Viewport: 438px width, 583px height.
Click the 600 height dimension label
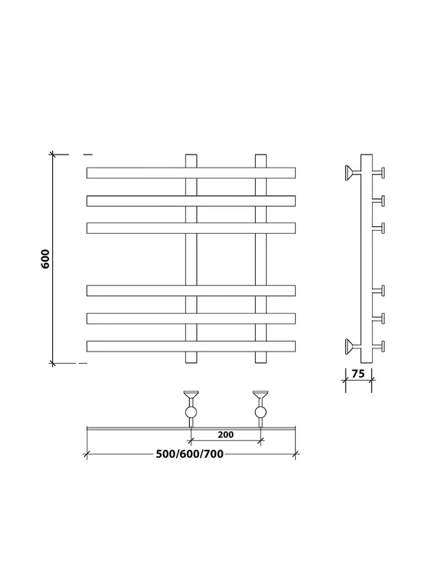(45, 258)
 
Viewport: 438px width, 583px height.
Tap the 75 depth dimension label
(358, 373)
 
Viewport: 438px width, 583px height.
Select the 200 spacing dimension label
(225, 435)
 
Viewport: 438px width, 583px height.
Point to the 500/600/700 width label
(190, 454)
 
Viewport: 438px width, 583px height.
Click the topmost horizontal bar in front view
(191, 173)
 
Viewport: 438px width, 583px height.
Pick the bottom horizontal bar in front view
(191, 346)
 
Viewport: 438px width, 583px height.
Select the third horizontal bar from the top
(191, 228)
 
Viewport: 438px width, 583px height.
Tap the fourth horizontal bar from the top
(191, 291)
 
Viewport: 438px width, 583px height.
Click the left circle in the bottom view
(191, 412)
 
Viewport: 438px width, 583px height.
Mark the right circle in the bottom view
(260, 412)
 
